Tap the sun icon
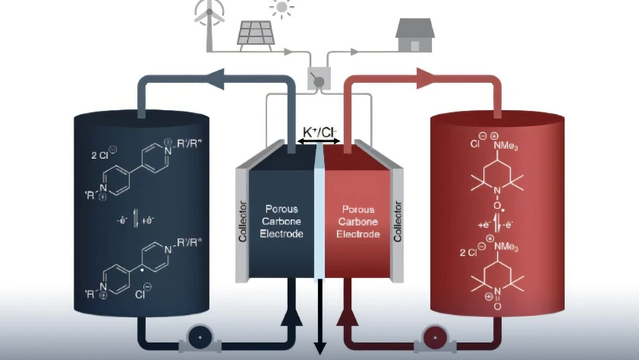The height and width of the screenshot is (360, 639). click(282, 9)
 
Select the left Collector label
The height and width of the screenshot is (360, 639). click(243, 219)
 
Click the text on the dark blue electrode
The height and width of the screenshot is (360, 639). click(282, 220)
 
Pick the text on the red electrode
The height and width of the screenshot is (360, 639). click(357, 221)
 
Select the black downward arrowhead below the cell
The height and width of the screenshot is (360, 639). click(320, 348)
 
